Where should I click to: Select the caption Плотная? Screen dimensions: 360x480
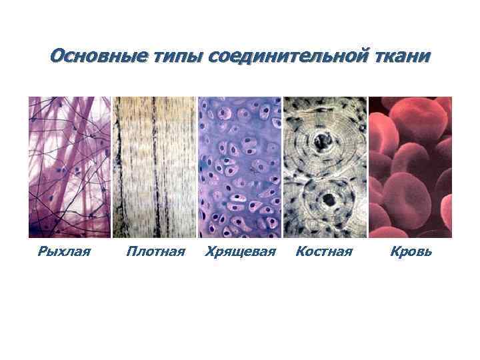click(155, 252)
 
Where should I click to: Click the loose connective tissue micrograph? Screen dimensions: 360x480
click(69, 167)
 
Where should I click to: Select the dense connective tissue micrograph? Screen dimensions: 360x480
click(155, 167)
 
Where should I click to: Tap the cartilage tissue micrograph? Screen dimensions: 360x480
click(240, 167)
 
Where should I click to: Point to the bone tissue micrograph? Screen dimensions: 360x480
click(325, 167)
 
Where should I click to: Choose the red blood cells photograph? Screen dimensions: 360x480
click(410, 167)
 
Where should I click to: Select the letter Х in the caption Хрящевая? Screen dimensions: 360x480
click(211, 252)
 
